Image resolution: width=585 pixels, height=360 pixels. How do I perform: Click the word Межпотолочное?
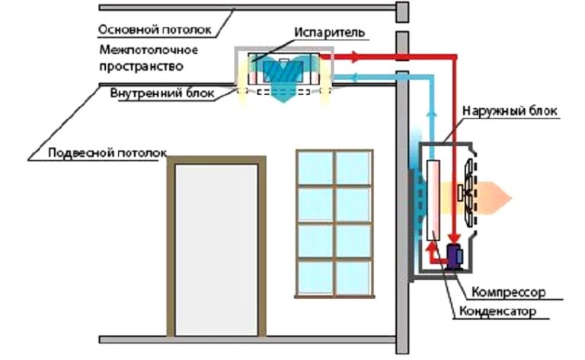tap(149, 50)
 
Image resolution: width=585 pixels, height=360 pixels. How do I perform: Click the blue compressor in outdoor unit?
tap(456, 256)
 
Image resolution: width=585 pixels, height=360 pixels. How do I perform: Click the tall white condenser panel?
tap(434, 199)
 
